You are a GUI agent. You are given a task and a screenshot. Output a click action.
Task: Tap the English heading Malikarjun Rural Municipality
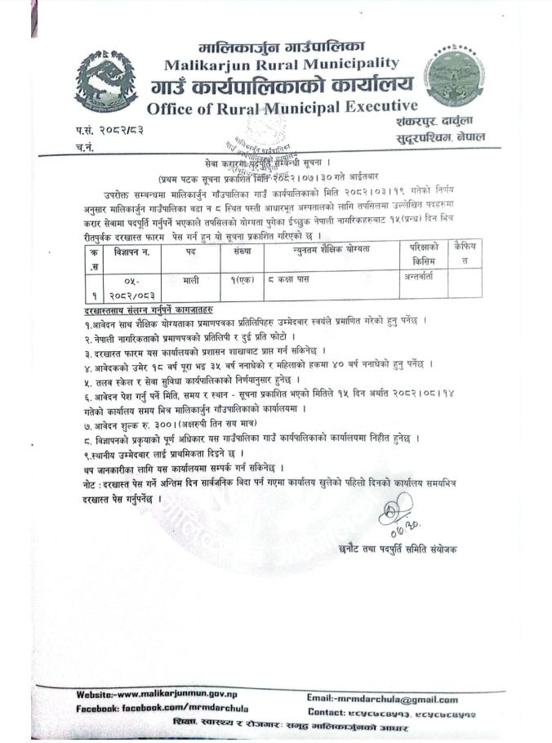(x=282, y=64)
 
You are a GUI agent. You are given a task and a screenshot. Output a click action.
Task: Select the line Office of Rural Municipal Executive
(x=283, y=107)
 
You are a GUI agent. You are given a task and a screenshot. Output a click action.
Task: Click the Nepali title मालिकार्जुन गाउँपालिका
(x=282, y=45)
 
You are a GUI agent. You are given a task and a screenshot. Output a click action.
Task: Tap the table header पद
(x=190, y=249)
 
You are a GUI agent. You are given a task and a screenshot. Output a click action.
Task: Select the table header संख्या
(x=242, y=249)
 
